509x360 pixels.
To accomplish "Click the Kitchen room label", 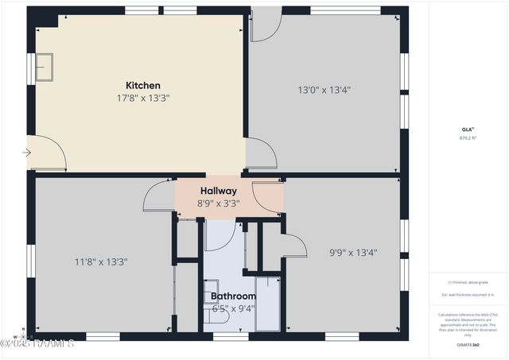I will tap(143, 85).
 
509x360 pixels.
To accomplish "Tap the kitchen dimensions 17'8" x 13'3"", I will tap(143, 99).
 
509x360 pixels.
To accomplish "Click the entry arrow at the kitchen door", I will tap(26, 153).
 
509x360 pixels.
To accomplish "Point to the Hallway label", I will tap(218, 191).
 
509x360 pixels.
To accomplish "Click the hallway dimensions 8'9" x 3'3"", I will tap(218, 203).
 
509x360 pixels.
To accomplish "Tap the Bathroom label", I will tap(232, 296).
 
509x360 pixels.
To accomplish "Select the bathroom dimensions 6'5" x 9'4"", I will tap(232, 308).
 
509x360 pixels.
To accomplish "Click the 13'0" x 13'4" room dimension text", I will tap(324, 90).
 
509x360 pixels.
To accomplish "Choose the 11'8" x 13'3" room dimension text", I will tap(101, 261).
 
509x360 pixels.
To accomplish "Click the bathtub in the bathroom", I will tap(267, 303).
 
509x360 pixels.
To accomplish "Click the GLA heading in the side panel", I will tap(468, 129).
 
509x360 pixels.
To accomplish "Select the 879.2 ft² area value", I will tap(468, 137).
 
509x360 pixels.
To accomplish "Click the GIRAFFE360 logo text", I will tap(468, 344).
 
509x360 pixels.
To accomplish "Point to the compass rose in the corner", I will tap(24, 333).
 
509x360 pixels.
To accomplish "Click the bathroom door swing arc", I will tap(220, 236).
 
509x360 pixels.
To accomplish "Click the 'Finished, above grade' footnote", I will tap(468, 282).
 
